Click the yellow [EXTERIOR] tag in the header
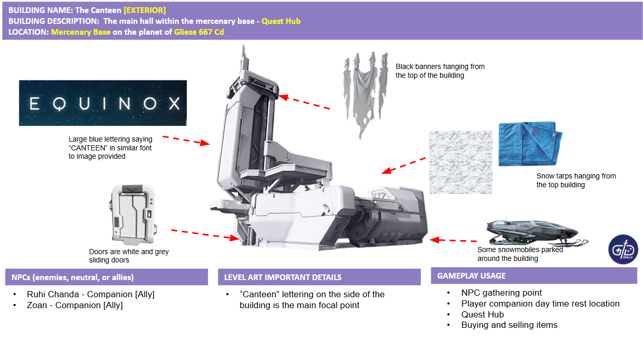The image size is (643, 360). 145,10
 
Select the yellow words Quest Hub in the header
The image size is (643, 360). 281,21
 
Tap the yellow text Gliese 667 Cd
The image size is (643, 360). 199,32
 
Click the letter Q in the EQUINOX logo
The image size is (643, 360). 59,104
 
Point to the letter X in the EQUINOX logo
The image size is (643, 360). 174,103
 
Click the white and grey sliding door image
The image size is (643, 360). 133,215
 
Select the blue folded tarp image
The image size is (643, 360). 530,144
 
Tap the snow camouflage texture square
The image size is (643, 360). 461,162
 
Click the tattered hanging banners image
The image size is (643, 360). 365,93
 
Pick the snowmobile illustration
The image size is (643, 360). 536,232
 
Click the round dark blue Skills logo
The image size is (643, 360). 623,250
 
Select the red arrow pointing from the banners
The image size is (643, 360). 304,102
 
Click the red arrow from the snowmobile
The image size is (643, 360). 453,240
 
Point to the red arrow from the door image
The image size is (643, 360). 205,234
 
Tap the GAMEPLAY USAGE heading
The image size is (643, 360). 471,276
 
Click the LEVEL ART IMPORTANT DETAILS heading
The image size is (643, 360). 283,278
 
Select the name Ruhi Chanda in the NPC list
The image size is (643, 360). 53,294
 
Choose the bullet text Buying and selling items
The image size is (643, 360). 509,325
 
